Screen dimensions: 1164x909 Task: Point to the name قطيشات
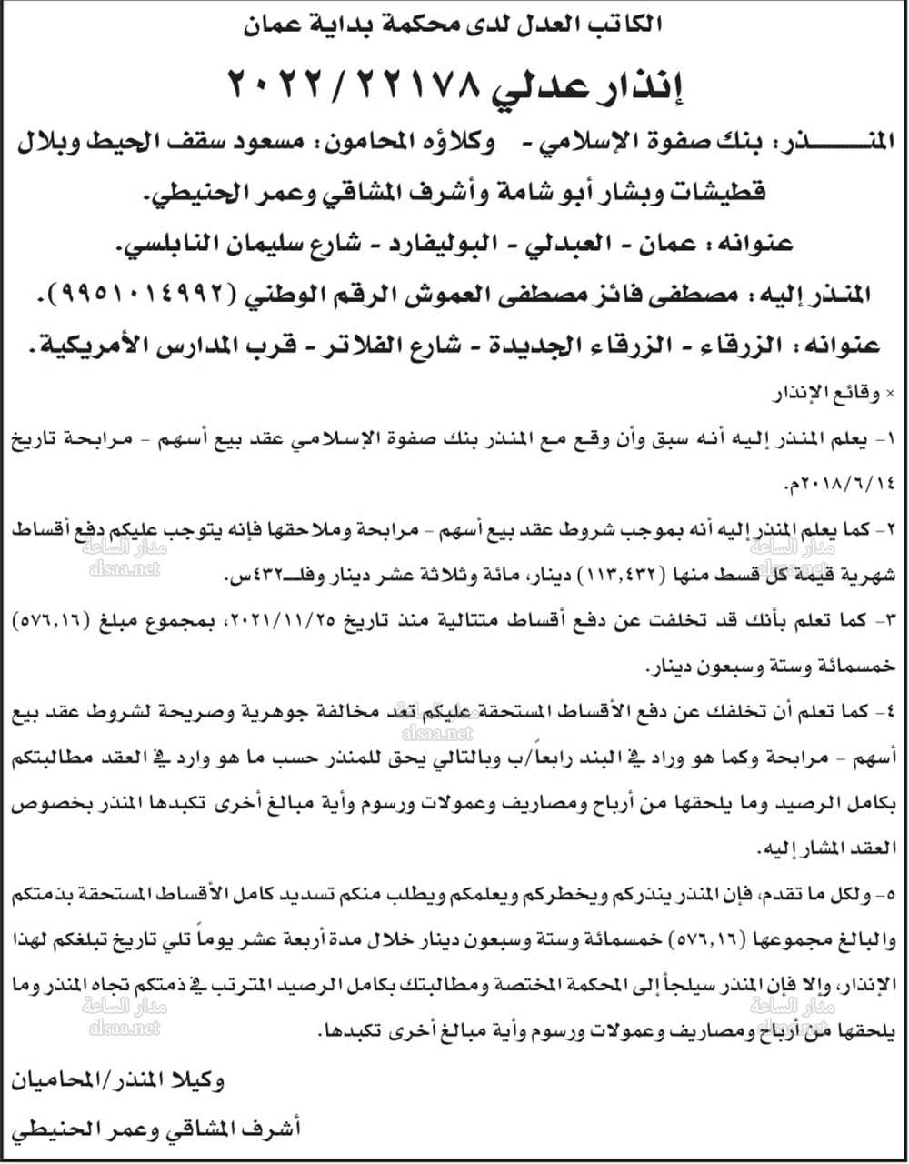coord(718,193)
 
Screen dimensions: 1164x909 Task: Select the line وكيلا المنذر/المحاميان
coord(118,1081)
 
